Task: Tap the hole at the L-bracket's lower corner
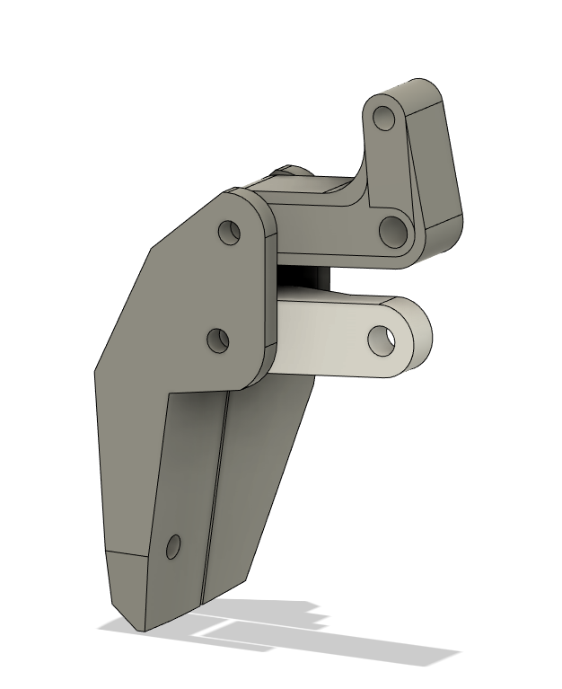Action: coord(392,232)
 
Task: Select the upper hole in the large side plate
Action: coord(230,232)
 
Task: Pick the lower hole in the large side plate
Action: coord(218,340)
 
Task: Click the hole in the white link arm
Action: coord(382,338)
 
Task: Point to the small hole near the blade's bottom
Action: coord(173,545)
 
